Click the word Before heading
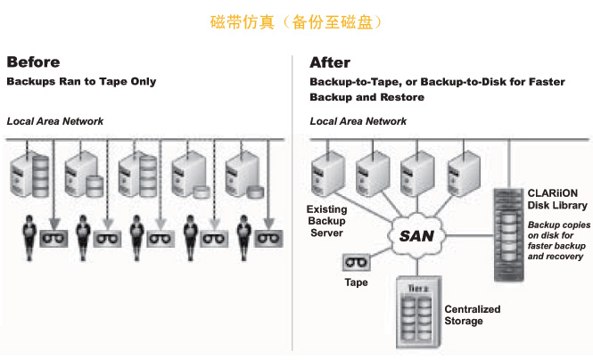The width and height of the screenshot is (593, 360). [33, 62]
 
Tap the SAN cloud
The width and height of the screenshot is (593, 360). [416, 236]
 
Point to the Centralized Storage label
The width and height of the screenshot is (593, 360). [473, 315]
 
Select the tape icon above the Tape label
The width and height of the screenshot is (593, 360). [356, 264]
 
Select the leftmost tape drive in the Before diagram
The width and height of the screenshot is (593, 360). [55, 238]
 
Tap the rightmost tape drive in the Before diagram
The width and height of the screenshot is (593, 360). [268, 238]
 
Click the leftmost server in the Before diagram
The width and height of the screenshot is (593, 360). [30, 174]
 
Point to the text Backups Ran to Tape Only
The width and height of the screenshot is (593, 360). [81, 82]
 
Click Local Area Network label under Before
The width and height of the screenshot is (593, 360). [55, 120]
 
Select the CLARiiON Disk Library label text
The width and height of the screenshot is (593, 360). [553, 198]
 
